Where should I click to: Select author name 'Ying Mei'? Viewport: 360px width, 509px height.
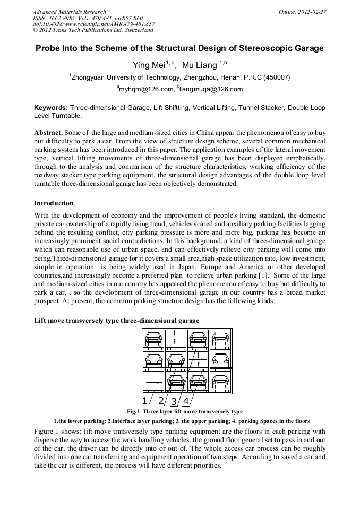(x=148, y=65)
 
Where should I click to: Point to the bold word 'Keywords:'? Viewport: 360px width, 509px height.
(x=50, y=108)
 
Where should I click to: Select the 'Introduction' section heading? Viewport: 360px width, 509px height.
(x=54, y=203)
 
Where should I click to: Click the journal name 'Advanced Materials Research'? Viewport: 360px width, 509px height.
(x=69, y=12)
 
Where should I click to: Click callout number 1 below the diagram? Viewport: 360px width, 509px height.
(x=145, y=400)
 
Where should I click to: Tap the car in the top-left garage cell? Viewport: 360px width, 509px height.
(x=153, y=338)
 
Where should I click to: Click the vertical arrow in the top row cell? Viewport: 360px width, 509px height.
(x=176, y=338)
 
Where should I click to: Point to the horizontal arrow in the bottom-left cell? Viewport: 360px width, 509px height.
(x=153, y=382)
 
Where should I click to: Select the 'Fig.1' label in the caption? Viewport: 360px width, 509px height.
(x=133, y=411)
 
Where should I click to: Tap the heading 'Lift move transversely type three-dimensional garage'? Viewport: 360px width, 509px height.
(x=116, y=321)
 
